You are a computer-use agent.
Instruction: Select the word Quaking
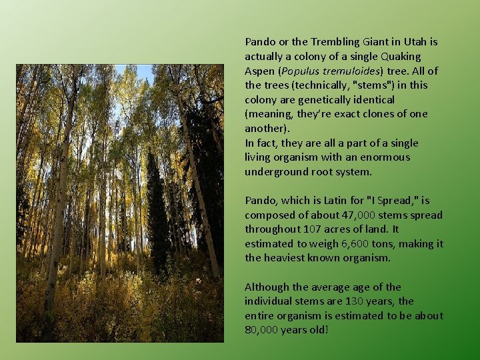[x=401, y=56]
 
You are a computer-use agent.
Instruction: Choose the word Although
[x=267, y=287]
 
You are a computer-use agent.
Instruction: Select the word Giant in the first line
[x=359, y=41]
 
